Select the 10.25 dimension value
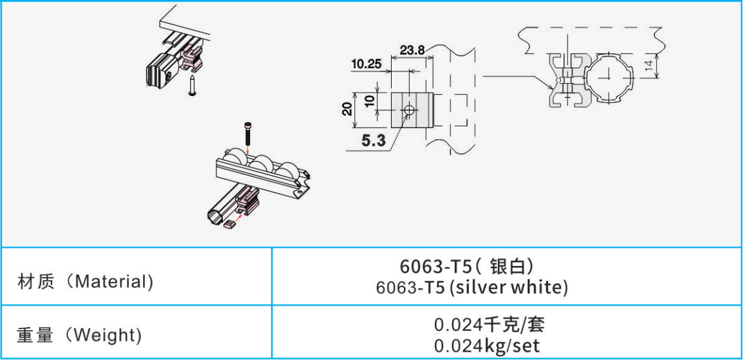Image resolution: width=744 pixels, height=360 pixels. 366,64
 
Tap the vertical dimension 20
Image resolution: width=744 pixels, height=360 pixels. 347,109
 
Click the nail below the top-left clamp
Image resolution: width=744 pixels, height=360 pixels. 192,85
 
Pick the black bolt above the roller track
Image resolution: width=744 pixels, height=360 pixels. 248,134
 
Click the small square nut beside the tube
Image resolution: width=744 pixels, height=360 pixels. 231,224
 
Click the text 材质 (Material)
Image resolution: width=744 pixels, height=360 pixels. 86,281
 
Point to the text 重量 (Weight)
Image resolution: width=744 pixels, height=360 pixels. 79,336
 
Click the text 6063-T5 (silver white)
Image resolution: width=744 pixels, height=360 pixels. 472,287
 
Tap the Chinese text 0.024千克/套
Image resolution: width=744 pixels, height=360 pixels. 489,325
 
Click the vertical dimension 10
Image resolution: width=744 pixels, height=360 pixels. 370,100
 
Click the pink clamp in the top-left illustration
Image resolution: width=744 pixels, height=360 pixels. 193,59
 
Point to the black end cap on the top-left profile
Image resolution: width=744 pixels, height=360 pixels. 160,69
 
